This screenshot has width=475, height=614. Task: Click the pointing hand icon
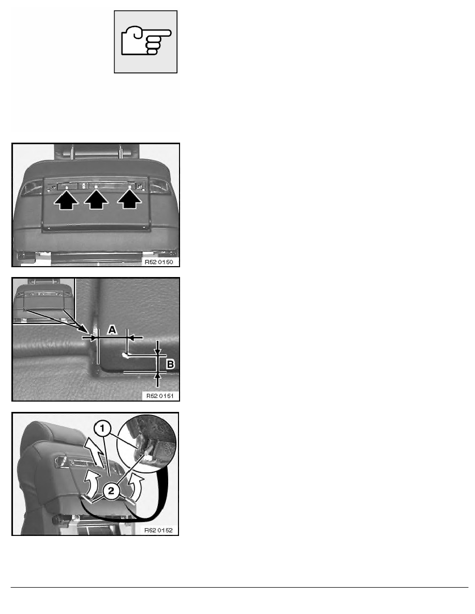coord(145,41)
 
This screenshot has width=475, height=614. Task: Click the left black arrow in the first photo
coord(66,199)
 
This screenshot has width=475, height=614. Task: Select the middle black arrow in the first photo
coord(96,199)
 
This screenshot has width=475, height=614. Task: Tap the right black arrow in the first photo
coord(130,199)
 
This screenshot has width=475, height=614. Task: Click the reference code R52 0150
coord(159,262)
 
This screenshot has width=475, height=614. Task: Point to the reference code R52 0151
coord(160,396)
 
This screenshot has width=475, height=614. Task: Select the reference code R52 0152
coord(158,530)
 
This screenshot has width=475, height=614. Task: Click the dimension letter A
coord(112,330)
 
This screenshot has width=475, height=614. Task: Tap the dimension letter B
coord(170,364)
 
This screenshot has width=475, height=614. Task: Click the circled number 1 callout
coord(102,429)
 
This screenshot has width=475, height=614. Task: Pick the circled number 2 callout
coord(111,490)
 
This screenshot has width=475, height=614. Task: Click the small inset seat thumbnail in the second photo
coord(43,301)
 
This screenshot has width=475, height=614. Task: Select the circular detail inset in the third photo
coord(151,440)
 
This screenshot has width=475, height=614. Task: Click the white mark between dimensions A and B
coord(125,355)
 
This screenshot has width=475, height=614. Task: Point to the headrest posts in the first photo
coord(97,151)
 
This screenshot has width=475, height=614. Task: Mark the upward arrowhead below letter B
coord(157,376)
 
